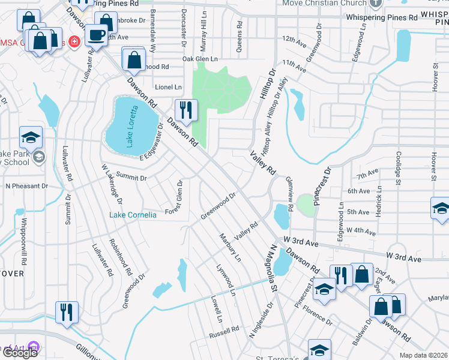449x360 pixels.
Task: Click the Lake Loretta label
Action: pyautogui.click(x=131, y=126)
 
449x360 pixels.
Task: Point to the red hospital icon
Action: pyautogui.click(x=74, y=42)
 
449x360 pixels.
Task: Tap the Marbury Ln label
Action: pyautogui.click(x=230, y=248)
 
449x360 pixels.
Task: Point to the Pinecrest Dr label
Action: pyautogui.click(x=325, y=181)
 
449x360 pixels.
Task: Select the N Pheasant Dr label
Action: pyautogui.click(x=26, y=186)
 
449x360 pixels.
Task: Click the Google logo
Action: pyautogui.click(x=20, y=353)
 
